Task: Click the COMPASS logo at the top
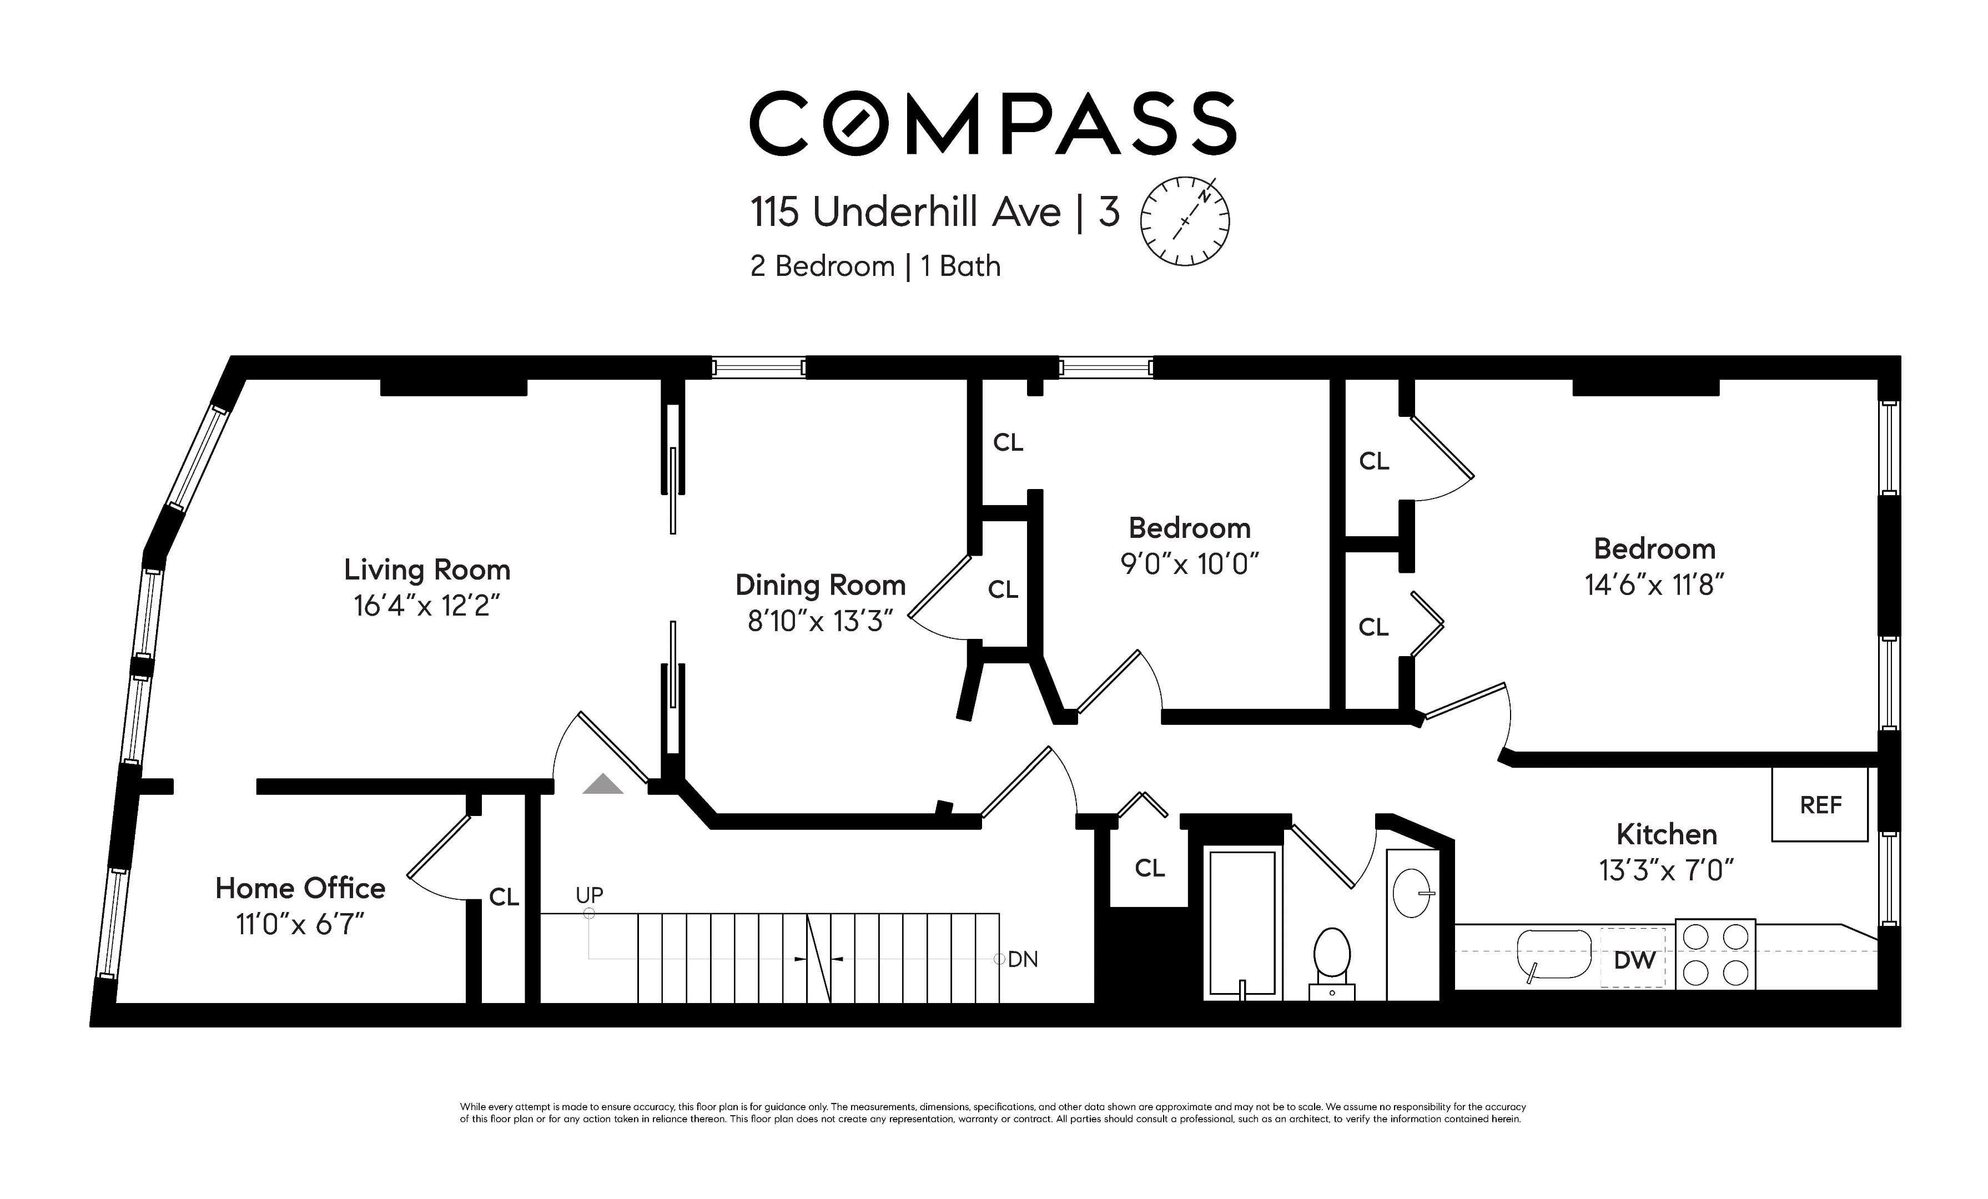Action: tap(993, 123)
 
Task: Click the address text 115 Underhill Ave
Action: tap(905, 212)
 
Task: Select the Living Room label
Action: tap(427, 570)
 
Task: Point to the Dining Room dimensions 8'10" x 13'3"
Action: tap(821, 621)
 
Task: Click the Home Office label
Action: tap(300, 888)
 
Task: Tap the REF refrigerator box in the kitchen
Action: tap(1819, 804)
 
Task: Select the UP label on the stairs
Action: tap(589, 895)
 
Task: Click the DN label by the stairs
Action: tap(1023, 959)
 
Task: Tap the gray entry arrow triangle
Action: tap(603, 784)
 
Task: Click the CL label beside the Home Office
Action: tap(504, 897)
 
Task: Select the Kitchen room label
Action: tap(1667, 834)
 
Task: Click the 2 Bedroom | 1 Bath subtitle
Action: tap(875, 266)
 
